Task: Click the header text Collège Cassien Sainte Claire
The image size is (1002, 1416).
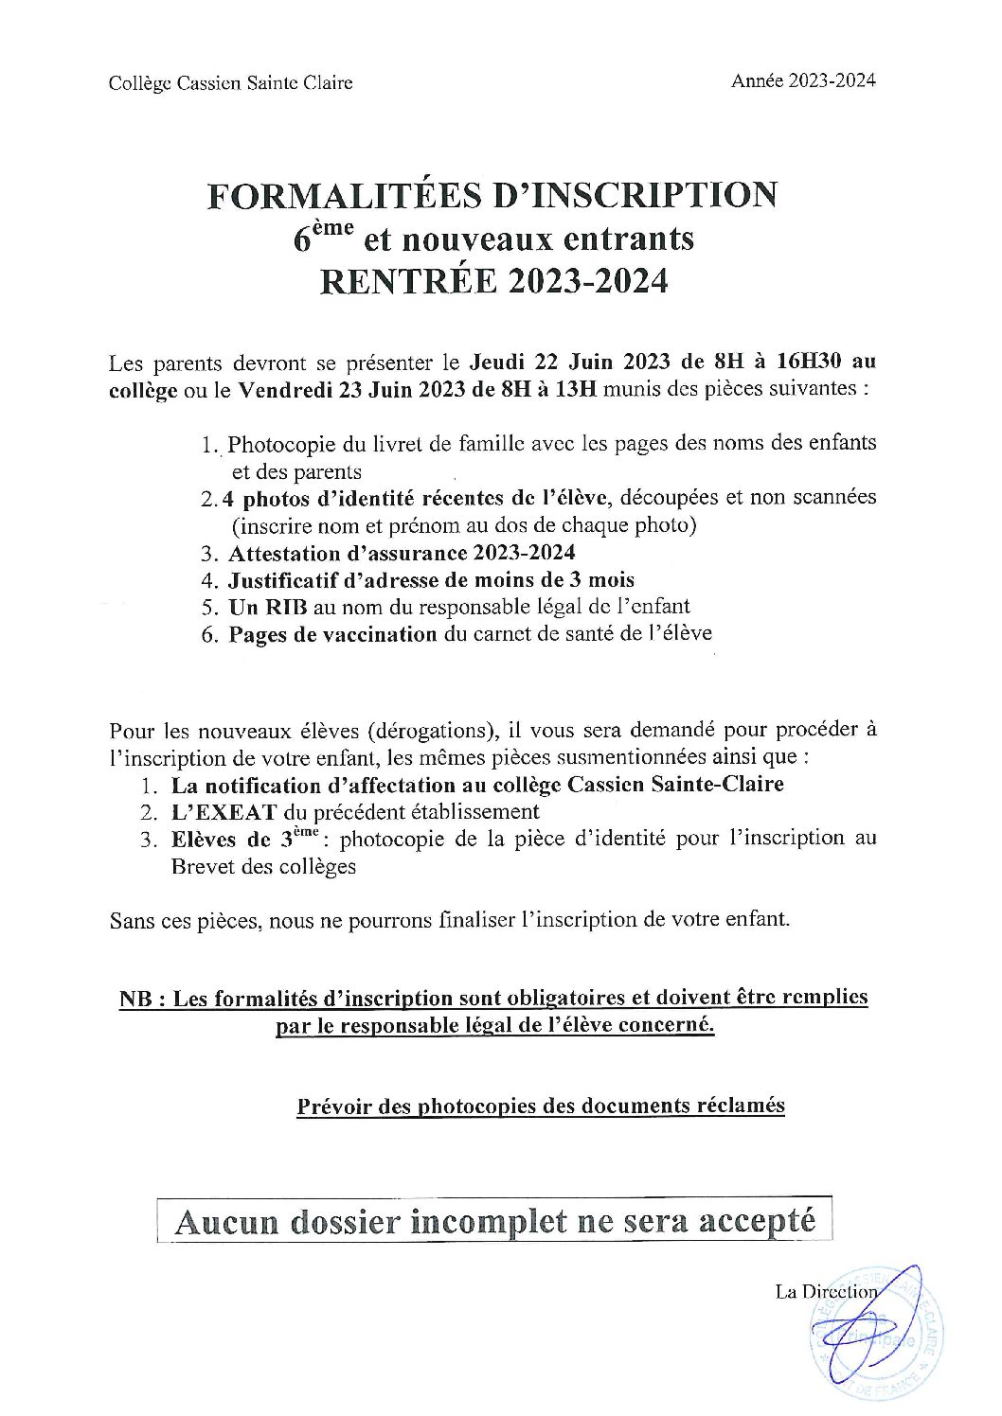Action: coord(231,83)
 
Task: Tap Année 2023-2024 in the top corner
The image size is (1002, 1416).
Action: coord(803,80)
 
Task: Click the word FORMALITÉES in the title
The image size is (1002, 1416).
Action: coord(335,195)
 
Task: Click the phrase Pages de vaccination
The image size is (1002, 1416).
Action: coord(332,633)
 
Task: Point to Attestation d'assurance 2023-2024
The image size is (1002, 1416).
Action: coord(402,552)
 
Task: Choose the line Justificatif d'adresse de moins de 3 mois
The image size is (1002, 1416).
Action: coord(431,579)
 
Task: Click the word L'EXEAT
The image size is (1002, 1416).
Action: coord(224,811)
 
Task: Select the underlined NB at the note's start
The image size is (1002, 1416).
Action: coord(135,999)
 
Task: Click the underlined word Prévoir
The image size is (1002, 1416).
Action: coord(333,1106)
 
